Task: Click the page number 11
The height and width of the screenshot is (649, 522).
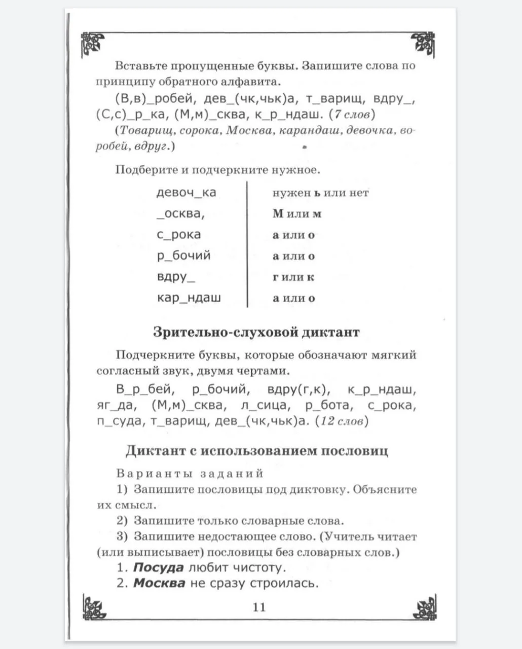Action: [259, 607]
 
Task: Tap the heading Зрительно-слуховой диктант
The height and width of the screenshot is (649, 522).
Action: [256, 333]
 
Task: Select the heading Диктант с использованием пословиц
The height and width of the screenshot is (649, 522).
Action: [257, 451]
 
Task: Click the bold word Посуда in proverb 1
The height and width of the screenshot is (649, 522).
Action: [158, 567]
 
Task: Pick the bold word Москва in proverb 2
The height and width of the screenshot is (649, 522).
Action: [159, 583]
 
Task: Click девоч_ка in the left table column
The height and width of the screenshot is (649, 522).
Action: [187, 193]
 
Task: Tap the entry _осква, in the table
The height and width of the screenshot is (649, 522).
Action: [181, 213]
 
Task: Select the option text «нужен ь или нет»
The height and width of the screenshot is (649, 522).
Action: [320, 193]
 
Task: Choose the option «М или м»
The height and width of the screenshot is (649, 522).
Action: [297, 213]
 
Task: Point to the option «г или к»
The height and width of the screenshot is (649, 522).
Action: [293, 277]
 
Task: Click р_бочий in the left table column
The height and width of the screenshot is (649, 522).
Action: [183, 256]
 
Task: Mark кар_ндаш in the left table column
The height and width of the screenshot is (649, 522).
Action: [189, 298]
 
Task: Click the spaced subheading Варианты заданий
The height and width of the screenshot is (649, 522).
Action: [190, 474]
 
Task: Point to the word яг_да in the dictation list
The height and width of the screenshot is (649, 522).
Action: [115, 406]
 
